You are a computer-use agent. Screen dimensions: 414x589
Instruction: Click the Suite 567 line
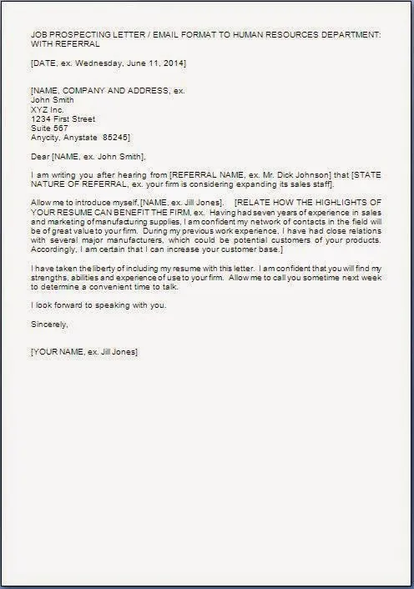click(x=49, y=128)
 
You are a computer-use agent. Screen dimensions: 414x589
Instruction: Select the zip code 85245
click(x=115, y=138)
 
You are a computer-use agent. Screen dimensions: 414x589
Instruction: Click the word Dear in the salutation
click(x=39, y=156)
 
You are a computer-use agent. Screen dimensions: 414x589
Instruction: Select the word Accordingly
click(x=56, y=249)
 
